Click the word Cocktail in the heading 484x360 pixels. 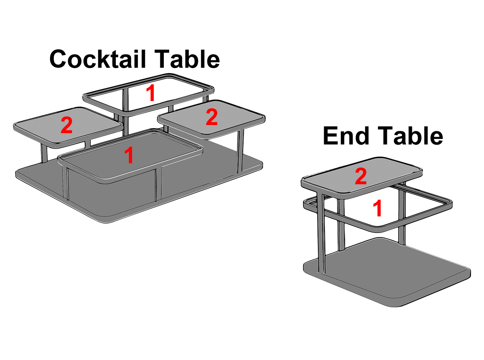coord(98,59)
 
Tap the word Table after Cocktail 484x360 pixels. coord(187,59)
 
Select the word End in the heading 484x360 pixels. coord(346,136)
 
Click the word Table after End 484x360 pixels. coord(410,135)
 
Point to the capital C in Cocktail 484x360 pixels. coord(58,59)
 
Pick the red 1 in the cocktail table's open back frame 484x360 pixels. coord(151,93)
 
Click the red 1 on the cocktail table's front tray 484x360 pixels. coord(129,155)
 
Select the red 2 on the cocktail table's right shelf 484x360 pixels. coord(211,117)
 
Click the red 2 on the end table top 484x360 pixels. coord(361,176)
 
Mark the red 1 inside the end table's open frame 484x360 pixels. coord(378,208)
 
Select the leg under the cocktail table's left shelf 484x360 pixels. coord(44,153)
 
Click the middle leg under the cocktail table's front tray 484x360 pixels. coord(159,185)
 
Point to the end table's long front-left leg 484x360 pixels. coord(321,233)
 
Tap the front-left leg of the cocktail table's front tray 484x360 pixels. coord(65,183)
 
